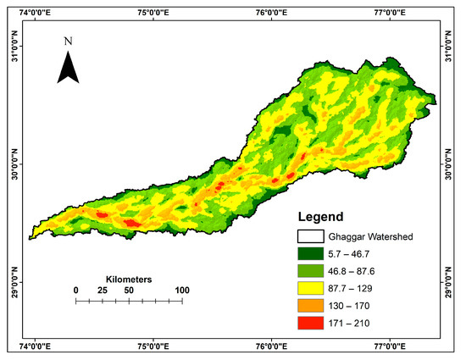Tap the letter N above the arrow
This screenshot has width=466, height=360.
68,40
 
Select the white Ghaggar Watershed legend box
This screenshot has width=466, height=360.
313,235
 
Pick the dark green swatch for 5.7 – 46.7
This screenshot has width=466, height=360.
313,252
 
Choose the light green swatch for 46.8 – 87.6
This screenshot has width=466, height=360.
313,270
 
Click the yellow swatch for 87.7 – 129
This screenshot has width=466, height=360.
313,288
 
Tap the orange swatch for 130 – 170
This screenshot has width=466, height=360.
313,306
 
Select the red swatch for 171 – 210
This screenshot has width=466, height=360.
313,323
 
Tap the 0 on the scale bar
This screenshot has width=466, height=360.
76,291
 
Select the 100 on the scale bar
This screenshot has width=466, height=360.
181,291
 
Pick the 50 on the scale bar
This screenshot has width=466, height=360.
129,291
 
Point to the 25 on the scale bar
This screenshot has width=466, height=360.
103,291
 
